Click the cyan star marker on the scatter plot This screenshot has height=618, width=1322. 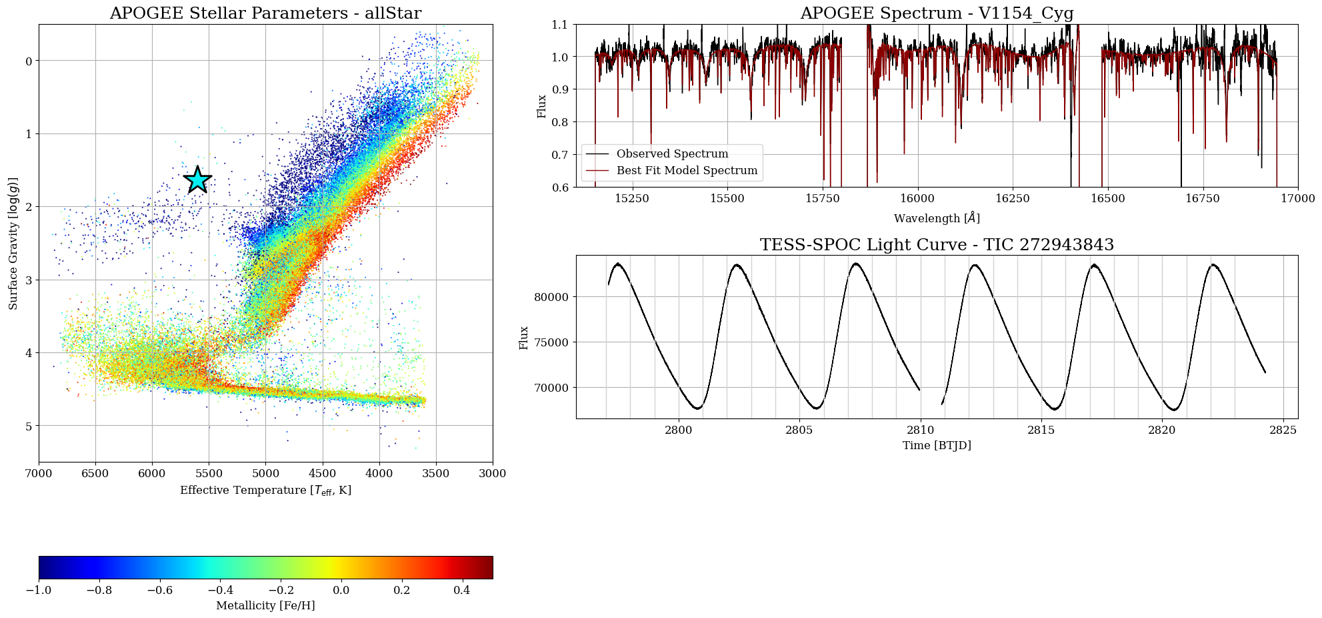(197, 180)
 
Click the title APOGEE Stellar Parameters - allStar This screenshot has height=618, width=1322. (265, 13)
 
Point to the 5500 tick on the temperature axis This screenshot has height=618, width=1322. (209, 473)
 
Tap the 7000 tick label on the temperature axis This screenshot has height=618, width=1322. (39, 473)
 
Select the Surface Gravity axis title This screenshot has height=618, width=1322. (13, 244)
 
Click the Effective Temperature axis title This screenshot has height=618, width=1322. (265, 491)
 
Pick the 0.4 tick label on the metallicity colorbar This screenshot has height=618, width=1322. (462, 590)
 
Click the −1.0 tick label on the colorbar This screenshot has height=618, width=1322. (39, 590)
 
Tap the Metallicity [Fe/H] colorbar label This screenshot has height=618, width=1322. (265, 606)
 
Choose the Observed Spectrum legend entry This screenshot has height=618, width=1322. (672, 154)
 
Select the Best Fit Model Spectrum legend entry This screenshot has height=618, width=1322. (687, 171)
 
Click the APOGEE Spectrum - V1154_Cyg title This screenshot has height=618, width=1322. (937, 13)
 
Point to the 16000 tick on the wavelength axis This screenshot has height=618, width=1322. (917, 198)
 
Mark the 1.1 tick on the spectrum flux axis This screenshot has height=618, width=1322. (559, 25)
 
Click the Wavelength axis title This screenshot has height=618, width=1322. (937, 218)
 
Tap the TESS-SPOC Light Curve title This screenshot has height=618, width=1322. (937, 245)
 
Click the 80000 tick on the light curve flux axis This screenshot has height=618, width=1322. (550, 297)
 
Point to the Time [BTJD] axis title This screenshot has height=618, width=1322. (937, 445)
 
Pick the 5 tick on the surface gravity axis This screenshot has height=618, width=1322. (29, 426)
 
